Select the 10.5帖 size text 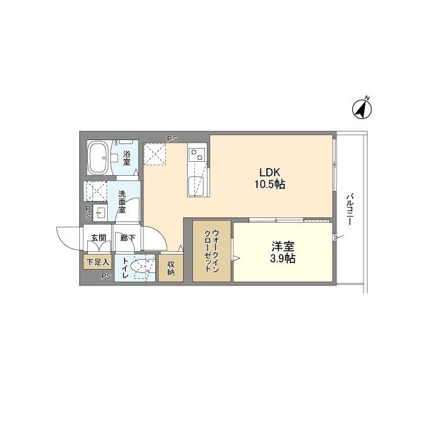click(271, 185)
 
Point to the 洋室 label click(282, 247)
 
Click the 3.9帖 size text click(282, 258)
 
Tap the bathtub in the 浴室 click(100, 159)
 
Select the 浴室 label click(126, 157)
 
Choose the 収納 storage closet click(171, 268)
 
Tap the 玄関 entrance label click(98, 238)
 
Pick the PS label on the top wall click(172, 139)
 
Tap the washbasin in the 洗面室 click(100, 213)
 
